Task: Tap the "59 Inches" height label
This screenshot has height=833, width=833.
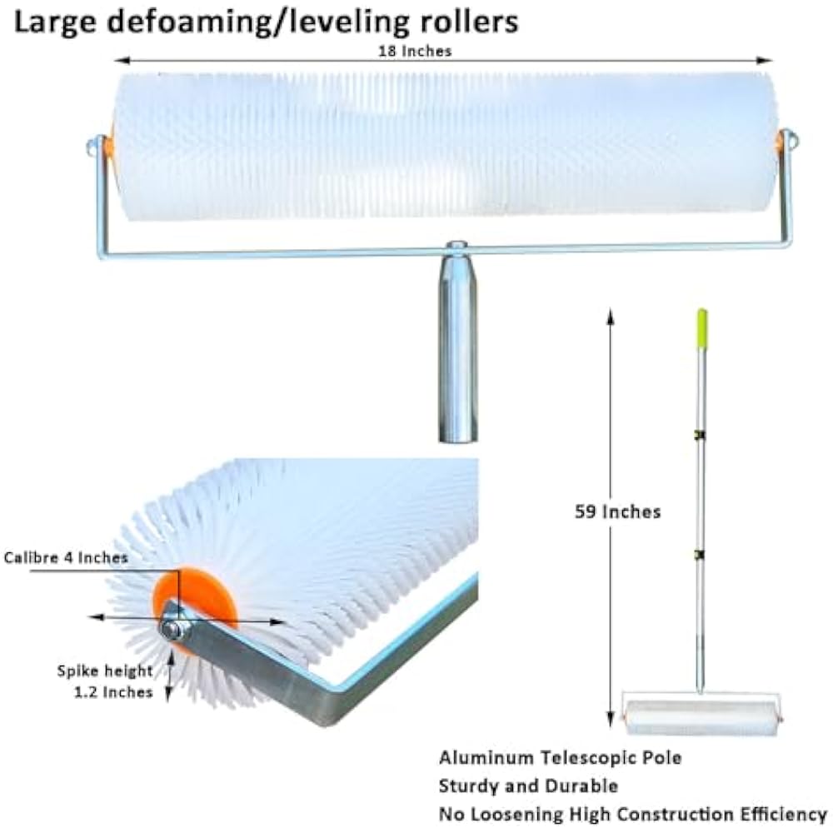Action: (x=617, y=511)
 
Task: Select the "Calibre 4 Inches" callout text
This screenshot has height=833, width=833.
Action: (x=66, y=557)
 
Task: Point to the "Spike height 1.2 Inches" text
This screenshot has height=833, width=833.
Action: (x=106, y=681)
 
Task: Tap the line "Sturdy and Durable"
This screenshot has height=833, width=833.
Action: (x=528, y=786)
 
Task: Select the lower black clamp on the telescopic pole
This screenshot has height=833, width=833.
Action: (x=701, y=556)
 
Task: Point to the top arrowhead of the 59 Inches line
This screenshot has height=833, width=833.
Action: (x=611, y=315)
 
